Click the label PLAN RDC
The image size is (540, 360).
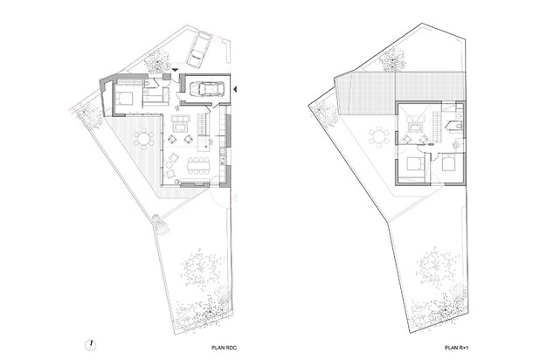(224, 348)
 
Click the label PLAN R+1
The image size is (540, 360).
(457, 348)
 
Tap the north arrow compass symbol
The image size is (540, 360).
(90, 345)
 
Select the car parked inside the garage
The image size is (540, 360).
(206, 89)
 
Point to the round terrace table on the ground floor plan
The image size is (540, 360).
(144, 138)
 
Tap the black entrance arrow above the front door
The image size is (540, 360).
(175, 70)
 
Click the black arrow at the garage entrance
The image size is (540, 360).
(235, 90)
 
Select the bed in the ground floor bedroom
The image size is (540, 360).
(123, 98)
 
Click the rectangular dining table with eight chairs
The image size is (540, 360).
(198, 166)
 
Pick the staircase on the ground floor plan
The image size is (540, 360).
(202, 125)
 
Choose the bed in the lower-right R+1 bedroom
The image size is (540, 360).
(448, 163)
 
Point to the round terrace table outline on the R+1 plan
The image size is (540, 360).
(378, 137)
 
